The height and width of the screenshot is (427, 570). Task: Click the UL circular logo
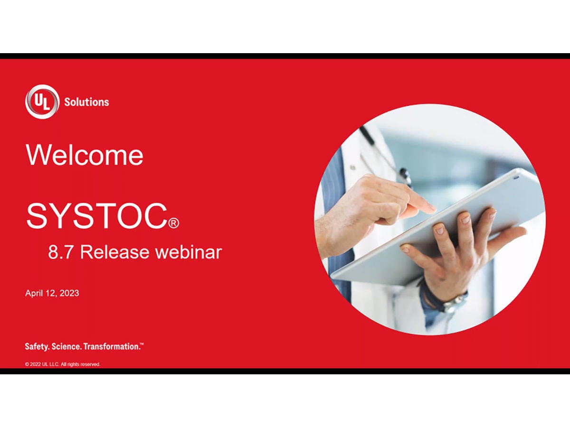coord(42,102)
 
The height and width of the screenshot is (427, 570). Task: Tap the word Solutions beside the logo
coord(86,102)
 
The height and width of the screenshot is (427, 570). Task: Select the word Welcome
coord(85,155)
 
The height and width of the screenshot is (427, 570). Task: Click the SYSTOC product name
coord(96,216)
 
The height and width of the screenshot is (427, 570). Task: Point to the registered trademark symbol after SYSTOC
coord(174,223)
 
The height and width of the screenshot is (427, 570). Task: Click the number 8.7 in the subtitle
coord(60,252)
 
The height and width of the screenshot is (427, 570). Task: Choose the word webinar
coord(189,252)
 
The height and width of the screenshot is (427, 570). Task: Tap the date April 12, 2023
coord(52,293)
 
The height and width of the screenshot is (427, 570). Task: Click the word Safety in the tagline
coord(37,347)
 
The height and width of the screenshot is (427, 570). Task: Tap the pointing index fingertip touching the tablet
coord(430,208)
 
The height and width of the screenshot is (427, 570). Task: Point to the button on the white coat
coord(352,167)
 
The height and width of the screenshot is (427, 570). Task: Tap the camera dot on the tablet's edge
coord(517,177)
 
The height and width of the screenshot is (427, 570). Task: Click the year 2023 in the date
coord(69,293)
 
